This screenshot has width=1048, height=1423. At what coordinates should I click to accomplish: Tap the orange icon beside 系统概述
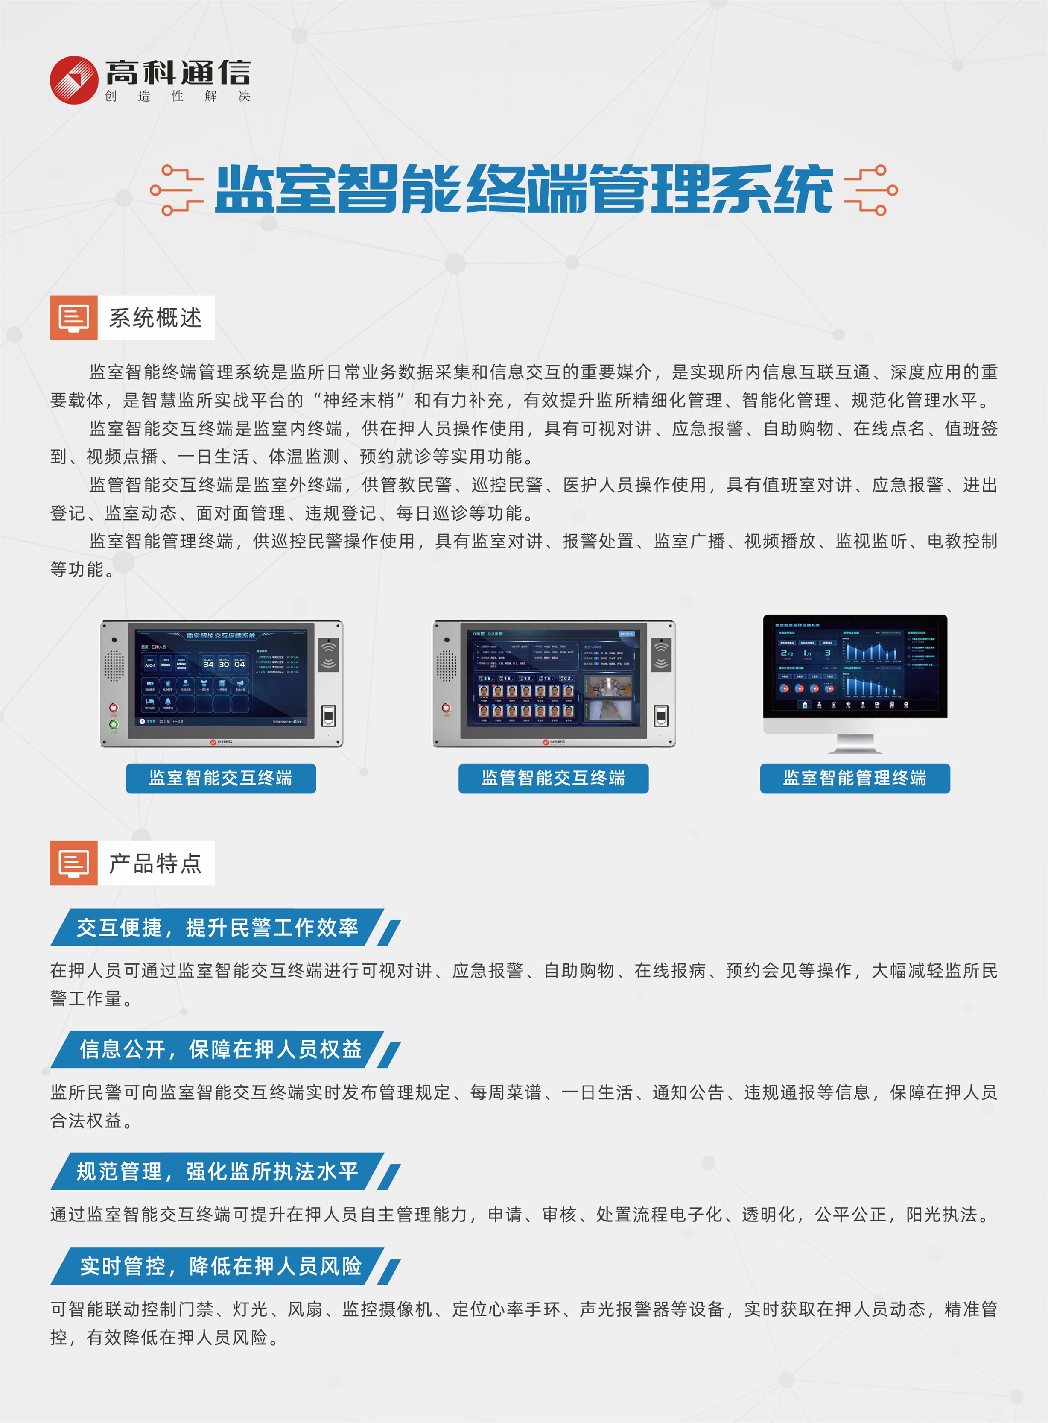[x=73, y=317]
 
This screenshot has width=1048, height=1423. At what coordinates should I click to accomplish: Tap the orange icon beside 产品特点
[x=73, y=863]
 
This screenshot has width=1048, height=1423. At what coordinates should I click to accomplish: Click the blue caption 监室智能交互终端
[x=220, y=778]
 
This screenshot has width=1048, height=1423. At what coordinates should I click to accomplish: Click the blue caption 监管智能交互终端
[x=553, y=778]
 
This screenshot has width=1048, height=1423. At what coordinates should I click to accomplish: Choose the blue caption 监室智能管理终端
[x=855, y=778]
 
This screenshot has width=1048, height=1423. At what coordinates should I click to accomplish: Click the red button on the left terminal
[x=114, y=707]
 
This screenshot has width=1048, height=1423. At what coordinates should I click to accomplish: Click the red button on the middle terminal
[x=446, y=708]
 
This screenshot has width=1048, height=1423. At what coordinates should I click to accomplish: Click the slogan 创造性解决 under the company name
[x=178, y=97]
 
